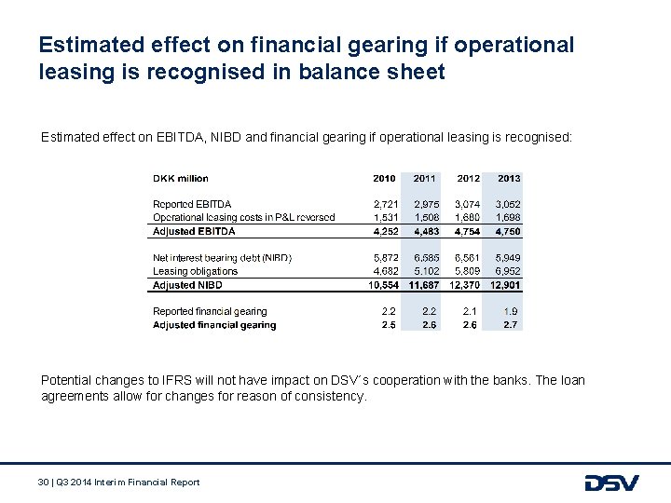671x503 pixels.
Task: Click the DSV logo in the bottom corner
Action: tap(611, 483)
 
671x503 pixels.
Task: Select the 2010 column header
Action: tap(384, 178)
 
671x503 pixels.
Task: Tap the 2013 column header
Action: tap(509, 178)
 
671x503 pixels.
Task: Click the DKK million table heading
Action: tap(181, 178)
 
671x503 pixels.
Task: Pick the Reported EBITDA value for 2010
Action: tap(384, 204)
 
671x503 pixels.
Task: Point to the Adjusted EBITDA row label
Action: tap(194, 231)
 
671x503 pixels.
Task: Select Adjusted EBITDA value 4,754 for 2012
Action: tap(468, 231)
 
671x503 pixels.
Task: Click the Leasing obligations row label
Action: tap(195, 271)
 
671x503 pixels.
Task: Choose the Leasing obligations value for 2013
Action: tap(509, 271)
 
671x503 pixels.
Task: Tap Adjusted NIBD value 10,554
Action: tap(382, 285)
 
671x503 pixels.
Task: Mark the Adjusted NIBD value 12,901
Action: tap(506, 285)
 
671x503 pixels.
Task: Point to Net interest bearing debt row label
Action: tap(222, 257)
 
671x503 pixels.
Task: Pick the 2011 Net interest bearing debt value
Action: tap(425, 257)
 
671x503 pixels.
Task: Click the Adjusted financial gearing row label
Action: tap(214, 325)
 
